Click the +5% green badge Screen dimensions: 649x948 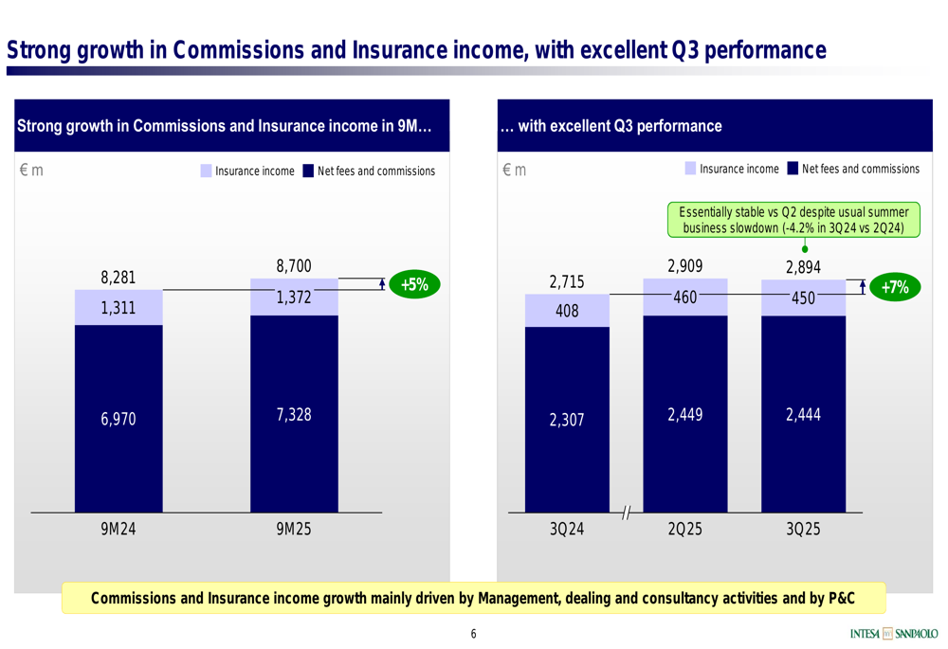(x=414, y=284)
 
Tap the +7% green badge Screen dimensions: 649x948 (x=894, y=287)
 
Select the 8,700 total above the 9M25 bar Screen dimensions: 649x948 (x=294, y=267)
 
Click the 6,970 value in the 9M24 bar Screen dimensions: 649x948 (x=118, y=419)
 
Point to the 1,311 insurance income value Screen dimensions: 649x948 (x=118, y=307)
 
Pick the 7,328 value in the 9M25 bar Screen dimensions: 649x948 (x=294, y=414)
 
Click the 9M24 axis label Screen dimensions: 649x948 (x=118, y=530)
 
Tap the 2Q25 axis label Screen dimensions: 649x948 (x=684, y=530)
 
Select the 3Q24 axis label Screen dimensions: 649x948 (x=566, y=530)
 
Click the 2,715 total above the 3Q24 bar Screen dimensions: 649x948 (x=567, y=282)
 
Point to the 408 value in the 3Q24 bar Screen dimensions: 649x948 (x=567, y=310)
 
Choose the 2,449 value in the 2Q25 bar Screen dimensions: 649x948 (x=684, y=414)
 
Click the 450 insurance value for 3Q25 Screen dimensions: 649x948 (x=803, y=297)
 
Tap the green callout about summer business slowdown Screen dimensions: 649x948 (x=793, y=220)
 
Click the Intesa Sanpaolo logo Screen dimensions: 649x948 (x=894, y=634)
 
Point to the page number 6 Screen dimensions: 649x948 (x=473, y=634)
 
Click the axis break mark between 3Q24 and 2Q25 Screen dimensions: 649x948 (x=626, y=513)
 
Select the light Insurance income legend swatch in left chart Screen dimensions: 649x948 (x=207, y=171)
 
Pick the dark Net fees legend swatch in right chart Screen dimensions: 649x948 (x=793, y=169)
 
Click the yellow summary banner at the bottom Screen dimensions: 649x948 (x=473, y=598)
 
